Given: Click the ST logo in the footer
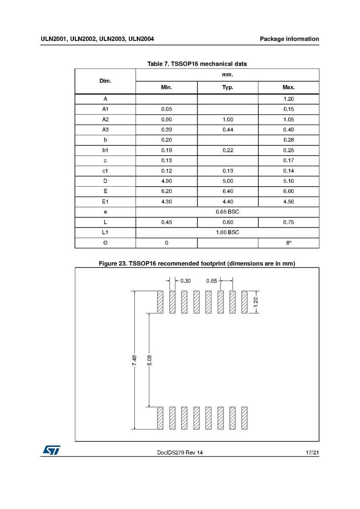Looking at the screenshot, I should (51, 450).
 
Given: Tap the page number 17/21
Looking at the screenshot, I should (312, 453).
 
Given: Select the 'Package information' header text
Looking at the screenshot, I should (289, 39).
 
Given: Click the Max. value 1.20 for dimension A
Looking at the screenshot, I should (288, 99).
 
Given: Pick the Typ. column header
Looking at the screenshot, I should (228, 88).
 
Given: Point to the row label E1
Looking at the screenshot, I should (105, 202).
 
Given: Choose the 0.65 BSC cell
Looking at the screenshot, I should (227, 212).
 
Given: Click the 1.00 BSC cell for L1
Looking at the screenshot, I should (227, 232).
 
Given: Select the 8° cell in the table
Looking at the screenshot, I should (288, 243).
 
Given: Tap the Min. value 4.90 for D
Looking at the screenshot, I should (166, 181).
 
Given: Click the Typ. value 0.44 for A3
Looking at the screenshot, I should (228, 130).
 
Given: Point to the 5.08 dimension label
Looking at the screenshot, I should (149, 360).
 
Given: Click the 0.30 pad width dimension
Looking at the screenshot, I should (186, 281).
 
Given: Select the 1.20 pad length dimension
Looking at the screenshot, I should (256, 302).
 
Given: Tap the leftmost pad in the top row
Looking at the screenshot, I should (160, 302).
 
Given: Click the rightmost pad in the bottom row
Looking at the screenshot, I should (244, 418).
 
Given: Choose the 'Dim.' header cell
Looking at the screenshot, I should (105, 81).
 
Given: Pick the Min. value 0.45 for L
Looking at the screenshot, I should (166, 222).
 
